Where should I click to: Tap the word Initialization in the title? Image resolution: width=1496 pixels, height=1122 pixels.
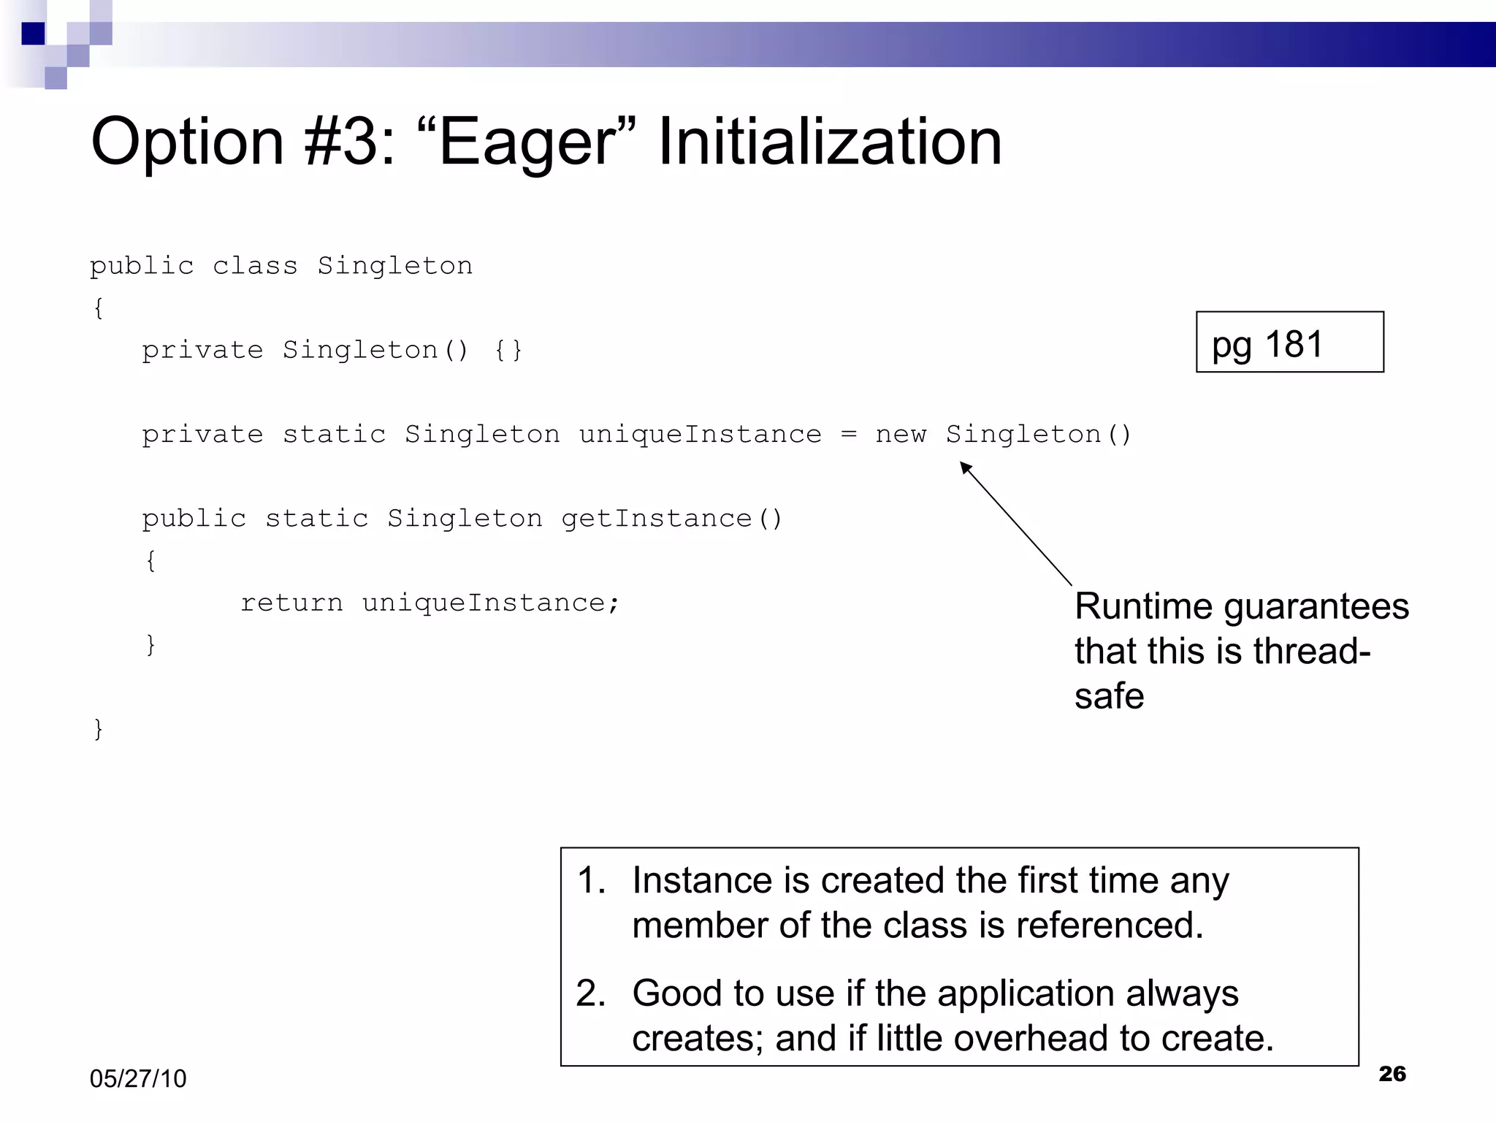pos(829,142)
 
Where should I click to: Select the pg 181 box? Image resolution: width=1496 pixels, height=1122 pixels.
pos(1289,343)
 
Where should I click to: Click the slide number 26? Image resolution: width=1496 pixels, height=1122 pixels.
pos(1392,1074)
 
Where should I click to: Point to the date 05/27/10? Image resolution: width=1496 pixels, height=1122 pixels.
pos(138,1079)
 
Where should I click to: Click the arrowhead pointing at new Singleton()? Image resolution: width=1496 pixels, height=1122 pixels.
pos(966,467)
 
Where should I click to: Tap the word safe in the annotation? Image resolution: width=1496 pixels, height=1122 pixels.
pos(1109,696)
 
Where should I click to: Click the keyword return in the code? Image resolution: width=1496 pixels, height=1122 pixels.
pos(291,603)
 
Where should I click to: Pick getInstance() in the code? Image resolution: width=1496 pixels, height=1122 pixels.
pos(671,519)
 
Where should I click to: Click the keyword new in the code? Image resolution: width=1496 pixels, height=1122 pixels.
pos(901,435)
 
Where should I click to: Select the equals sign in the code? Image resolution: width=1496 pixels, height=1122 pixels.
pos(848,435)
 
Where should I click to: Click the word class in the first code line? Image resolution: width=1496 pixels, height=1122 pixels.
pos(255,266)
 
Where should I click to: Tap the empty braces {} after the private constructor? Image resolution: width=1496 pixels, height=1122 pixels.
pos(508,351)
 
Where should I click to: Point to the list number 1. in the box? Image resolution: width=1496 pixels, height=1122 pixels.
pos(590,881)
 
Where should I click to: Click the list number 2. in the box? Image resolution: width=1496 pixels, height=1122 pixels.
pos(590,994)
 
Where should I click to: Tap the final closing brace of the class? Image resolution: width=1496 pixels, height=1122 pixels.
pos(98,729)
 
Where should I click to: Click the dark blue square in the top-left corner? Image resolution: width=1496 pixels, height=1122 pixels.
pos(33,34)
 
